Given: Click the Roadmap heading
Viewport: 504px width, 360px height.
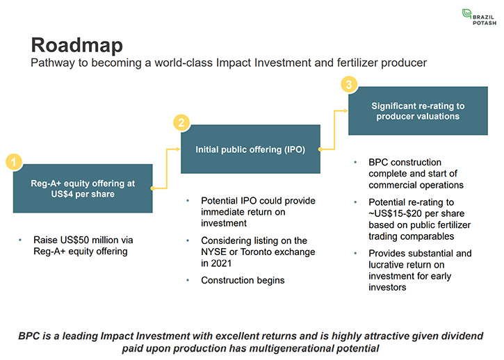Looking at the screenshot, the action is (x=77, y=45).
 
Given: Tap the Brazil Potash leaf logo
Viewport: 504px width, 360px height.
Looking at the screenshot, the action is (x=466, y=14).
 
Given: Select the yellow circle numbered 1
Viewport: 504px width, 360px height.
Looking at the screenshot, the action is (x=14, y=162).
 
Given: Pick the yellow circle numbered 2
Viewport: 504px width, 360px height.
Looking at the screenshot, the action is (x=181, y=122).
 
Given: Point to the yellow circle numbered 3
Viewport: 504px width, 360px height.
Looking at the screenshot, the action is (x=349, y=85).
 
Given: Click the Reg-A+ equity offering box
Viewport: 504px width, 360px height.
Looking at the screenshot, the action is (x=83, y=188).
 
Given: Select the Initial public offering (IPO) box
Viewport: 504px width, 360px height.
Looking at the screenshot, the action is (x=250, y=149).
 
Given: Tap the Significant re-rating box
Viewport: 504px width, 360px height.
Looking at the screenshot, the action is (x=418, y=111).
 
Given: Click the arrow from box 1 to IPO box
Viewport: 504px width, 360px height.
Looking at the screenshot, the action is (x=167, y=168).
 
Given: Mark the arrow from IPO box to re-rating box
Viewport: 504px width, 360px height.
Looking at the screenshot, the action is (x=334, y=130).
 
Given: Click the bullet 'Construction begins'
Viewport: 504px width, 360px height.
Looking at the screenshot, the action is (x=243, y=280).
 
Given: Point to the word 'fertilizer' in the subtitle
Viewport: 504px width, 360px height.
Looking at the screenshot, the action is (x=357, y=63).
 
